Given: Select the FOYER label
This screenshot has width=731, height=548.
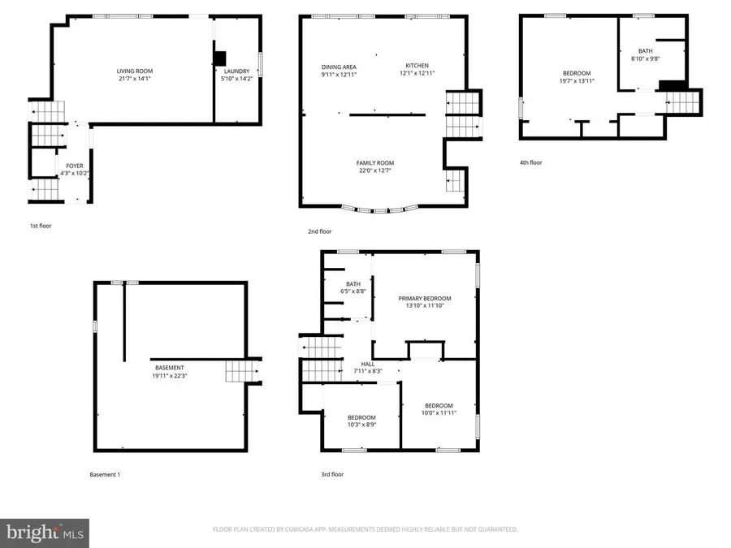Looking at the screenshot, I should pyautogui.click(x=75, y=166).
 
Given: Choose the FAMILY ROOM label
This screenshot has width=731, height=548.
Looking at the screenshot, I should pyautogui.click(x=374, y=163).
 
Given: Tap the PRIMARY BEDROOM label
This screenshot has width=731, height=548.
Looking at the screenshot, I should pyautogui.click(x=425, y=298).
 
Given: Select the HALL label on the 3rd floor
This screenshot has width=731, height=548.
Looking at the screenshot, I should pyautogui.click(x=368, y=364).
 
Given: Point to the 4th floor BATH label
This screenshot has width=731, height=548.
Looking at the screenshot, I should pyautogui.click(x=645, y=50).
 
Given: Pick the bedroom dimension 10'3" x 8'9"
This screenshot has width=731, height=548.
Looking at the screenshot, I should pyautogui.click(x=361, y=424).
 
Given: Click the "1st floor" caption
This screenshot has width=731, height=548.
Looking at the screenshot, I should pyautogui.click(x=40, y=226).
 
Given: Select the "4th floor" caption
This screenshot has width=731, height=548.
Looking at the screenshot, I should pyautogui.click(x=530, y=162).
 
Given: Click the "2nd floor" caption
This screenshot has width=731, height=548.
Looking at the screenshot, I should pyautogui.click(x=319, y=231).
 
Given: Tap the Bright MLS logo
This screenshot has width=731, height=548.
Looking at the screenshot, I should pyautogui.click(x=45, y=533).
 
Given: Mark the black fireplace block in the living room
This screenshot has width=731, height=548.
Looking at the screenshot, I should pyautogui.click(x=220, y=58).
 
